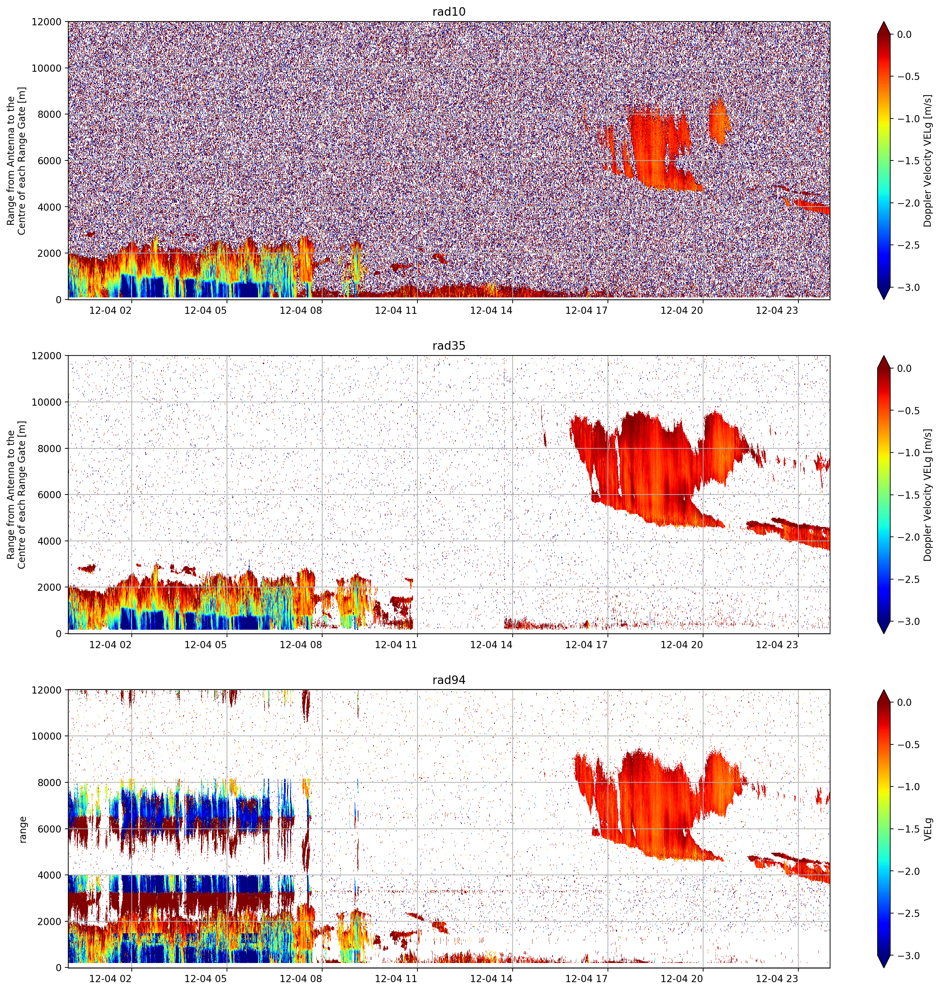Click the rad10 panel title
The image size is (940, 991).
448,12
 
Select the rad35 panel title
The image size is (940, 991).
448,346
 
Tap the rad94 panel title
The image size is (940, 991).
448,680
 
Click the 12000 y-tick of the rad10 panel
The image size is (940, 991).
47,22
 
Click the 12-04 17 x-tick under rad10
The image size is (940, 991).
586,310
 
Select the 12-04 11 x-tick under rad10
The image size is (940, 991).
396,310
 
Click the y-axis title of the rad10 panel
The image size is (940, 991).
16,161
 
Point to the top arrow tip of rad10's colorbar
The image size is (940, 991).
884,22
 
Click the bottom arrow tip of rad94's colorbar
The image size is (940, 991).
884,968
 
